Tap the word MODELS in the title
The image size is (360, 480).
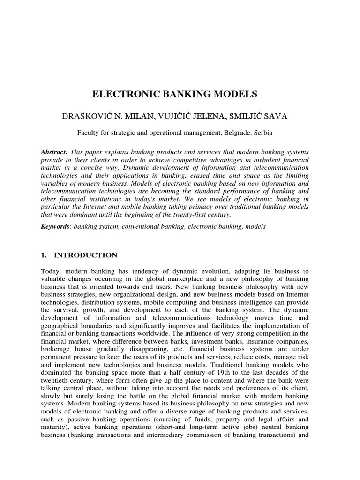[x=237, y=94]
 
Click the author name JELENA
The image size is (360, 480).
[x=208, y=116]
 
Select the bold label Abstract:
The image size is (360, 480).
[x=55, y=153]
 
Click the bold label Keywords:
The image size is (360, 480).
[x=57, y=226]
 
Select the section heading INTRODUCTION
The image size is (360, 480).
[x=86, y=255]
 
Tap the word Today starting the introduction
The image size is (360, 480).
[x=52, y=271]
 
